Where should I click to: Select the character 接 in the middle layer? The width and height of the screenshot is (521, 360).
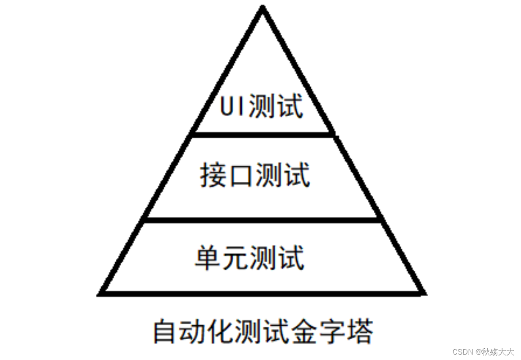click(x=213, y=176)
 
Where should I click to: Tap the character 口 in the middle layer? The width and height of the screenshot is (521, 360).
click(x=240, y=176)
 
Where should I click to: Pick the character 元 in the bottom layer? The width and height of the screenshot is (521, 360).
click(x=235, y=258)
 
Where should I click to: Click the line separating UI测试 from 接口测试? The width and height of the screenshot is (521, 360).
click(x=263, y=134)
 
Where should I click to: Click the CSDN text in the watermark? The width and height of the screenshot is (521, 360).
click(x=462, y=351)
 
